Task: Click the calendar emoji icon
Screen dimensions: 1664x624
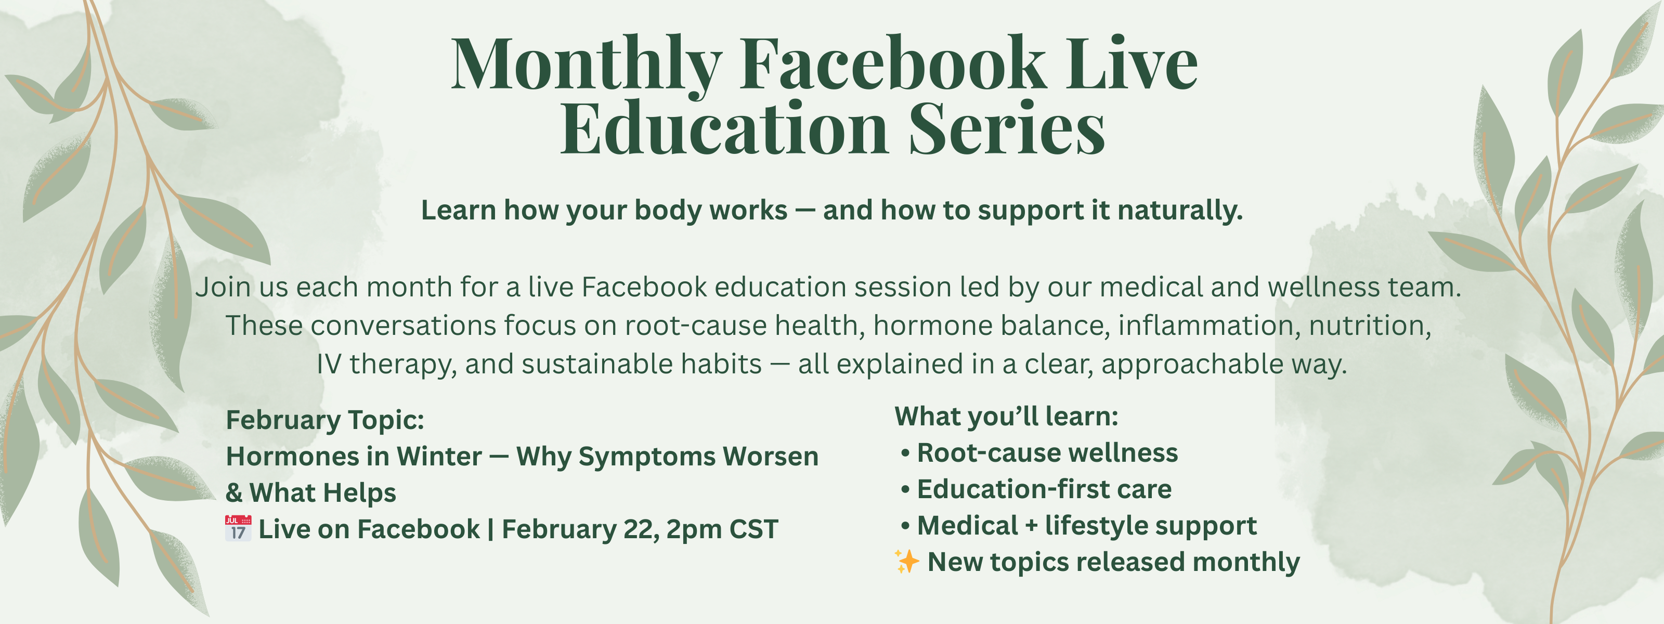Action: point(238,528)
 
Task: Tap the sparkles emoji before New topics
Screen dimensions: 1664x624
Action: point(907,562)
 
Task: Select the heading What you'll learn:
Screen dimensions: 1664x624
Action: point(1006,417)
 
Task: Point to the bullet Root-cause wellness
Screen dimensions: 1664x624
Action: point(1040,453)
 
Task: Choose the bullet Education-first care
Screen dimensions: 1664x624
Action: point(1036,489)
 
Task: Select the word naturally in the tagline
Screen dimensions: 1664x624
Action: point(1179,211)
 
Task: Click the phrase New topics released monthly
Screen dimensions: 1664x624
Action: point(1114,562)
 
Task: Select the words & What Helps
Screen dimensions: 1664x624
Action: point(311,493)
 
